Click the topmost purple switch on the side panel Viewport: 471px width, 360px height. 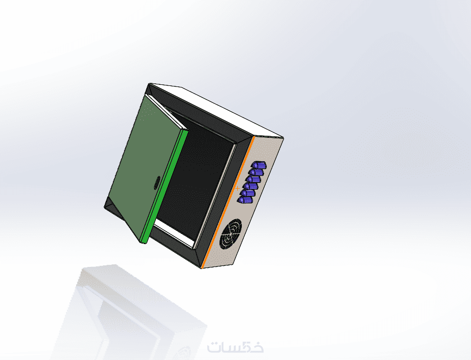coord(259,165)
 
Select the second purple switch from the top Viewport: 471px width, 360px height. coord(256,172)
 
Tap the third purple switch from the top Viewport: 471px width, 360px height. coord(254,179)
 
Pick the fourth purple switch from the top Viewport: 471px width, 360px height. coord(251,186)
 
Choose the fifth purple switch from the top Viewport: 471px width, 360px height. coord(248,193)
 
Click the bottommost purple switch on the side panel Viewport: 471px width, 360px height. coord(245,200)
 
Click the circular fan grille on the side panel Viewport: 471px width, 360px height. coord(231,234)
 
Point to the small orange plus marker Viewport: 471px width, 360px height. coord(238,189)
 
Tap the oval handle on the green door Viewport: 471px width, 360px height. coord(157,183)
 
